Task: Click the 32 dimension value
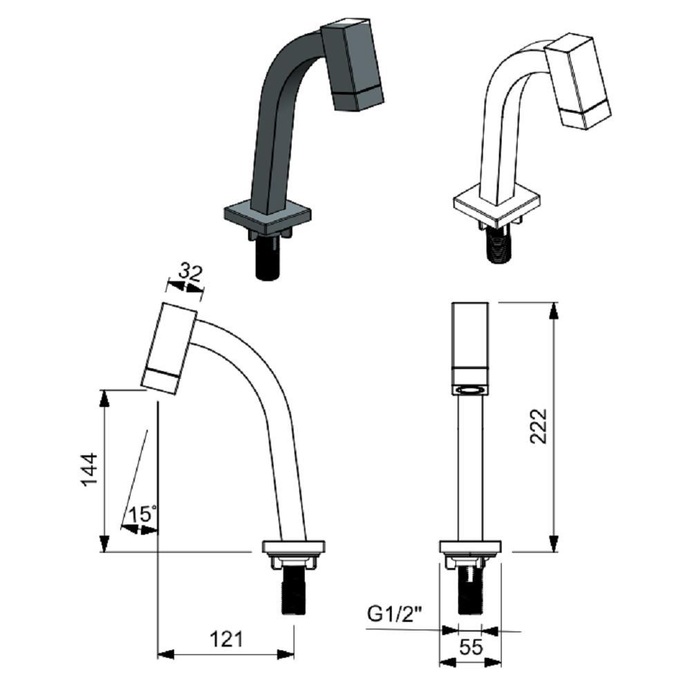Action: (190, 272)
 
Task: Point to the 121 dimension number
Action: (226, 639)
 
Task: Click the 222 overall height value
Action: (539, 426)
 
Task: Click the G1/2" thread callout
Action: (395, 614)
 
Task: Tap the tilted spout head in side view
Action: (169, 348)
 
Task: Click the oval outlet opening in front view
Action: (470, 391)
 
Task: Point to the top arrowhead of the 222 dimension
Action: (553, 309)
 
